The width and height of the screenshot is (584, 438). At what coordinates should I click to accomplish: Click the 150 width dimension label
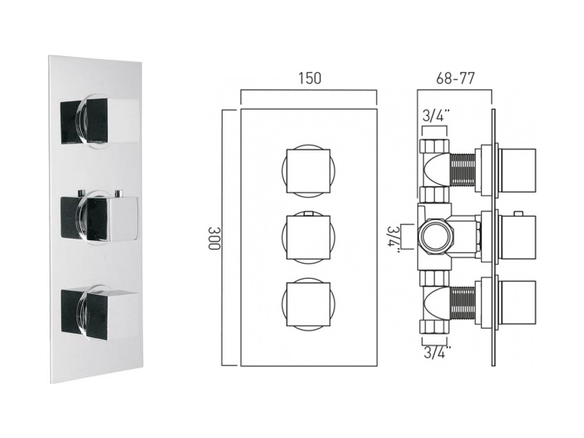(310, 78)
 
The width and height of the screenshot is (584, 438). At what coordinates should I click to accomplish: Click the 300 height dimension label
(215, 238)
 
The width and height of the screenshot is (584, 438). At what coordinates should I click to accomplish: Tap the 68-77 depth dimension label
(455, 78)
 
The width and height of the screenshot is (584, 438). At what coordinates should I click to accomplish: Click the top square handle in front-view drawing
(308, 171)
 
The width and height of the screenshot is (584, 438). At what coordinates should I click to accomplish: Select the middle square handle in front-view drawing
(308, 237)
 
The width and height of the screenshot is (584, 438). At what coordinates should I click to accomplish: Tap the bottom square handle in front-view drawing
(308, 304)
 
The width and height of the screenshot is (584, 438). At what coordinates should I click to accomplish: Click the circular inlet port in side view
(437, 237)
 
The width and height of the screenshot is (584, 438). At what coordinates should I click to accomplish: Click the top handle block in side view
(518, 171)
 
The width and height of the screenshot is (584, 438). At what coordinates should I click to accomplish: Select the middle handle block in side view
(518, 237)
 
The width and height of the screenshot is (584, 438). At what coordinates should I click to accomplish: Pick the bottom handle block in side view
(518, 304)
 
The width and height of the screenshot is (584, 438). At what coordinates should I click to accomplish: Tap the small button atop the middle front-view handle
(308, 213)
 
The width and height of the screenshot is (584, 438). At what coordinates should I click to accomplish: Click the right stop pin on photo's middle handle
(119, 193)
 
